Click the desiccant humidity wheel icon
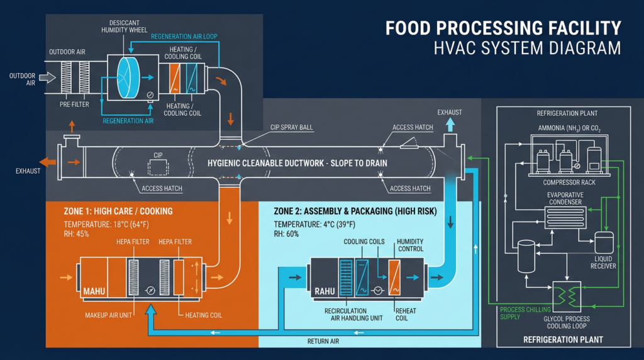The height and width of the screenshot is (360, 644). coord(131,77)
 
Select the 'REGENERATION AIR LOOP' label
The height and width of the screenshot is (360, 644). coord(184,37)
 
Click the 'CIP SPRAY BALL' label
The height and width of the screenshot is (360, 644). coord(291,127)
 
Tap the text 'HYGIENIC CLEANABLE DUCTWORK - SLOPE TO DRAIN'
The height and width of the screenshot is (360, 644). coord(297,163)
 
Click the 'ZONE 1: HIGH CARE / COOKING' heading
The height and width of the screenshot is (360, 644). coord(118,211)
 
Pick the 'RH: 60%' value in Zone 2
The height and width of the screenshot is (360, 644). coord(287,233)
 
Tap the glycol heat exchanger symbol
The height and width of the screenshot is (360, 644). coord(565,296)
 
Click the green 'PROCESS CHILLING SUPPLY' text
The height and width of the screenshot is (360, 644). coord(519,313)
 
